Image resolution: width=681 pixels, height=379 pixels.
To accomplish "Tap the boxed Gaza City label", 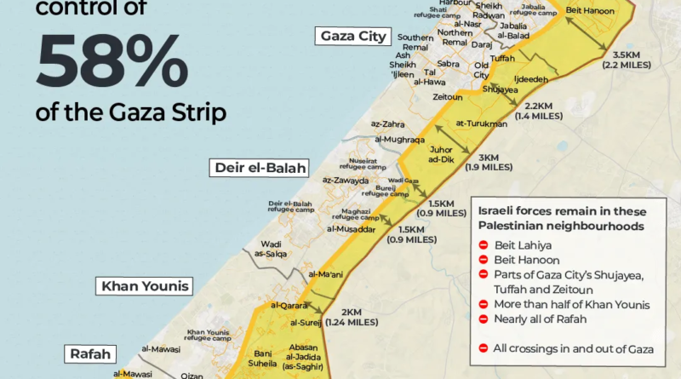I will click(353, 36).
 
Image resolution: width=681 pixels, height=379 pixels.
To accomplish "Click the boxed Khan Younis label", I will click(144, 285).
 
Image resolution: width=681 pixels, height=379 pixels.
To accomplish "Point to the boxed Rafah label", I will click(89, 351).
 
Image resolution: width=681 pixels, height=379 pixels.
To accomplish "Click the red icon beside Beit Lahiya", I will click(484, 246).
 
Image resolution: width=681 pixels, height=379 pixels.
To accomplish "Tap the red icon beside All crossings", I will click(484, 347).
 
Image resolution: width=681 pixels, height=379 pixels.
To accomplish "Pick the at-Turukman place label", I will click(481, 123).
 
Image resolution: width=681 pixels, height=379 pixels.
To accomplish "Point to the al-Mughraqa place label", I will click(393, 136).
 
